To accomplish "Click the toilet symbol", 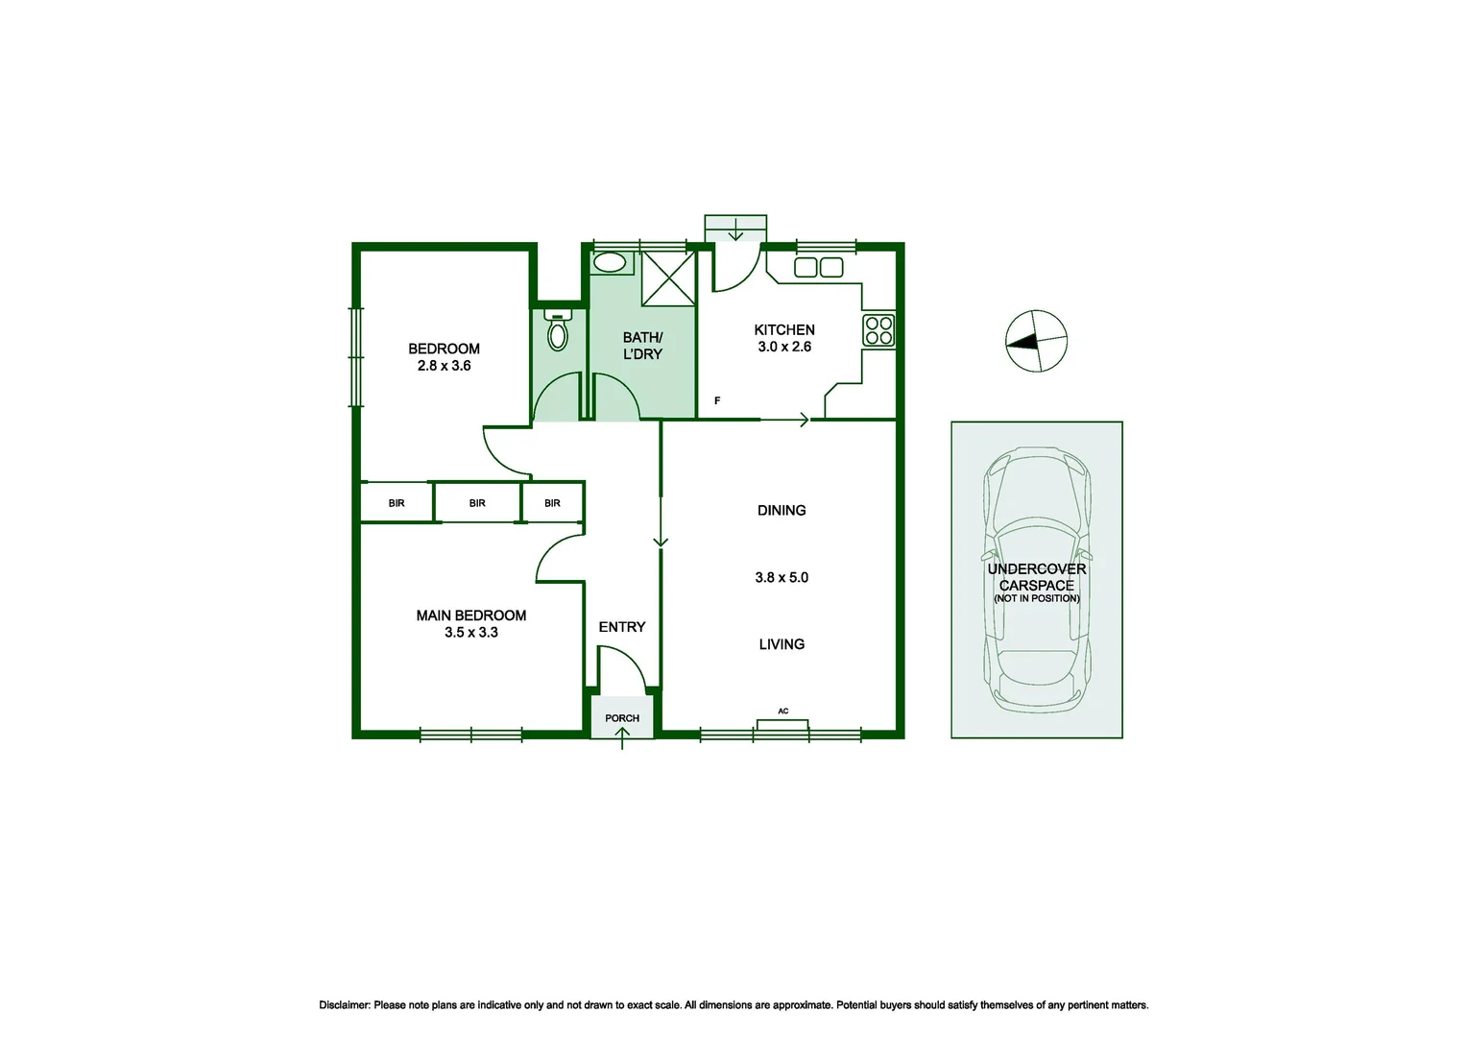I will click(x=557, y=332).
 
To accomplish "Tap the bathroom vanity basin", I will click(x=610, y=262).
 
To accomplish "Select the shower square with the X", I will click(x=667, y=277).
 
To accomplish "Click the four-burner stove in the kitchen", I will click(x=878, y=330).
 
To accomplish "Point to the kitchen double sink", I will click(x=818, y=268).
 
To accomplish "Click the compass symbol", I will click(x=1036, y=341).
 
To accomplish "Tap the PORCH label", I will click(x=622, y=718).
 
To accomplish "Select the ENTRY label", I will click(x=622, y=627).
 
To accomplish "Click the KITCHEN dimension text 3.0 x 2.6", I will click(x=784, y=347).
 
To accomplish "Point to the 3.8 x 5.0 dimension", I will click(x=782, y=577).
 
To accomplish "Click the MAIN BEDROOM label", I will click(x=470, y=615).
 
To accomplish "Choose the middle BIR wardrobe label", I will click(x=477, y=503).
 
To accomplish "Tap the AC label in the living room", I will click(x=783, y=711).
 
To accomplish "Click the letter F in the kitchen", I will click(x=717, y=400).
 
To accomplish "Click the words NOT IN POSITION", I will click(x=1037, y=598).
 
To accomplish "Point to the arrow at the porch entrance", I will click(x=622, y=737).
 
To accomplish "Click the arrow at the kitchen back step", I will click(x=735, y=230).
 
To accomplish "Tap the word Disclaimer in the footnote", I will click(x=344, y=1005).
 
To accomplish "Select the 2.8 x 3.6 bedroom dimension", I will click(x=444, y=366).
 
